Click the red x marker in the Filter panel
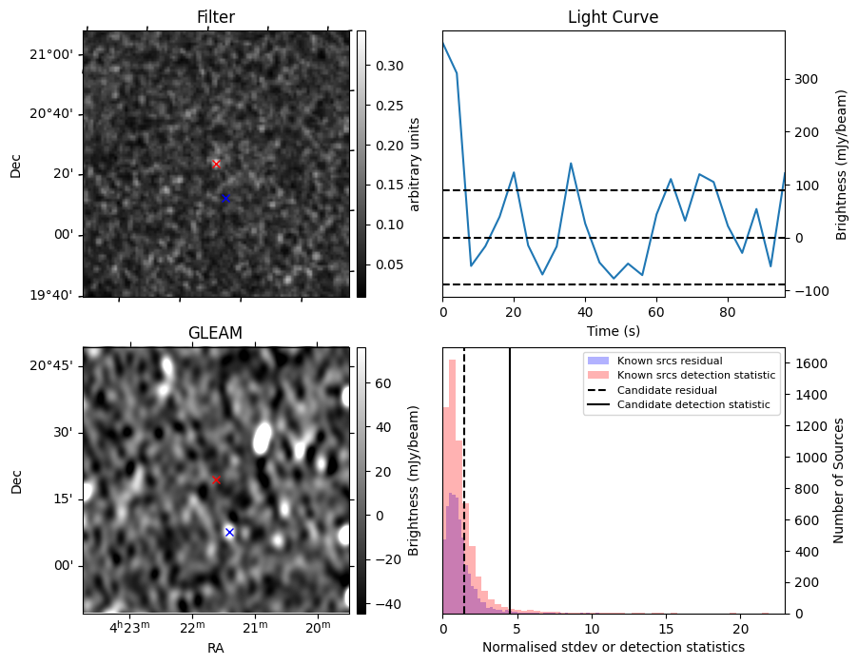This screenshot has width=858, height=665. click(x=216, y=165)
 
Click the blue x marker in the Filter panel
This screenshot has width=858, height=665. click(x=225, y=198)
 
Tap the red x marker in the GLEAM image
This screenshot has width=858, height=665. click(x=216, y=480)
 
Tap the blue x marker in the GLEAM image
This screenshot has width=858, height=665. click(x=229, y=532)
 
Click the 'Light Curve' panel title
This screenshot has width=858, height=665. click(x=613, y=17)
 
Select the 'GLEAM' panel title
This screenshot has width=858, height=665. click(x=216, y=333)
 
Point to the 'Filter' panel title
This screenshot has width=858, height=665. click(x=216, y=17)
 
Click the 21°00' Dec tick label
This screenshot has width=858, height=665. click(x=50, y=54)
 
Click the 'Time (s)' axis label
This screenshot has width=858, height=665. click(x=613, y=331)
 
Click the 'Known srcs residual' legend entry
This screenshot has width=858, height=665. click(x=670, y=361)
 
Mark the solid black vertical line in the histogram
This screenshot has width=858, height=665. click(x=510, y=495)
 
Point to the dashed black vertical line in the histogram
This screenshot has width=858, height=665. click(x=464, y=495)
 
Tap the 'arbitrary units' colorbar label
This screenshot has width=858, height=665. click(x=415, y=164)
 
